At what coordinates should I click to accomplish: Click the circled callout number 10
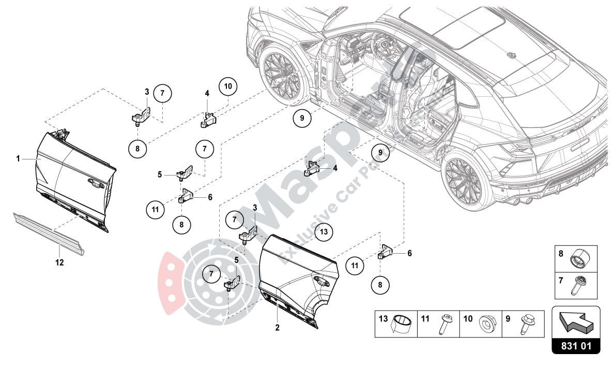click(x=228, y=86)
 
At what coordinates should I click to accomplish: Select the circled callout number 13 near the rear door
click(x=323, y=232)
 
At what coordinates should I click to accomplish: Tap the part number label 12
click(x=59, y=262)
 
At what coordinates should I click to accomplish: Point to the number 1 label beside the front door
click(x=18, y=159)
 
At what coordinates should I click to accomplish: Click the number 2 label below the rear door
click(x=277, y=328)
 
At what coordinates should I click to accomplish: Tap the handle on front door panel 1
click(x=95, y=181)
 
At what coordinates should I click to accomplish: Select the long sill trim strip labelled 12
click(x=49, y=233)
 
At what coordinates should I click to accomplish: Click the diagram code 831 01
click(x=576, y=345)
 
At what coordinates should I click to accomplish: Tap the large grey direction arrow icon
click(x=576, y=321)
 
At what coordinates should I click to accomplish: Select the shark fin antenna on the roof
click(x=511, y=54)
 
